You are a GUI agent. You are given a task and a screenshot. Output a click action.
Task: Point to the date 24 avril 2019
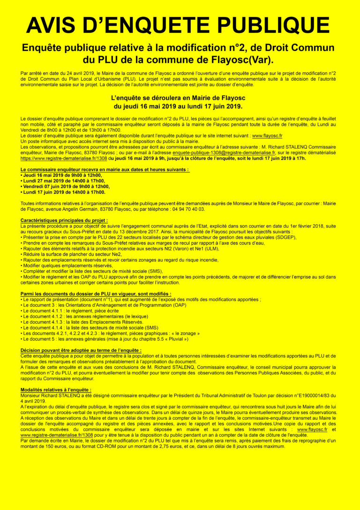[x=70, y=74]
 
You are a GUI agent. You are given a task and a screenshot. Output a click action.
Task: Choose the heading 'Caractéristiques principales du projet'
[x=64, y=220]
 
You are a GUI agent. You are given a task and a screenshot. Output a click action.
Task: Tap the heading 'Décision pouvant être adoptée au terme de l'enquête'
[x=81, y=350]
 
